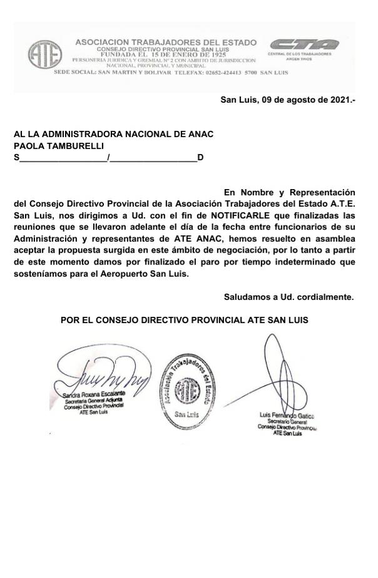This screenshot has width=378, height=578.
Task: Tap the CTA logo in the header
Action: (x=304, y=44)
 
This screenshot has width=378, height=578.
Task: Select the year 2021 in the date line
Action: (x=338, y=100)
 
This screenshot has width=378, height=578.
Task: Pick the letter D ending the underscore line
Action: (x=200, y=157)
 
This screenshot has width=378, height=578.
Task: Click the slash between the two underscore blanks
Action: (x=109, y=157)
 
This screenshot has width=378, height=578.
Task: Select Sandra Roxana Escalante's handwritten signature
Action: (x=103, y=376)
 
